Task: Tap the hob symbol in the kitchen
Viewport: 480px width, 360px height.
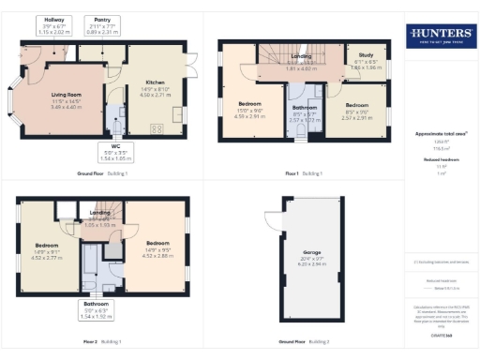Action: click(x=154, y=127)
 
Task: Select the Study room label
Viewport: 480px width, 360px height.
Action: click(x=360, y=63)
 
